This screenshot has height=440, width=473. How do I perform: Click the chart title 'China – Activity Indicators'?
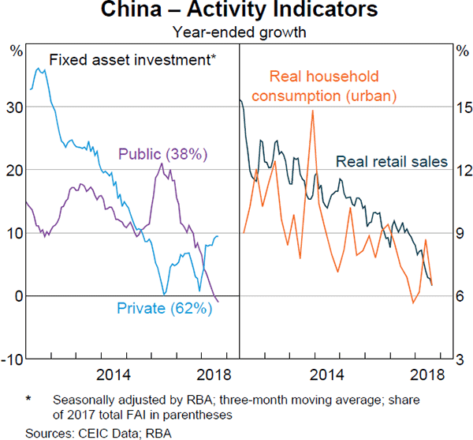[x=236, y=11]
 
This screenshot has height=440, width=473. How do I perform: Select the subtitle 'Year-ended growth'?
[x=236, y=32]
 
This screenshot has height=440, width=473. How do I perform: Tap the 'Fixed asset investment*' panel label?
[x=132, y=59]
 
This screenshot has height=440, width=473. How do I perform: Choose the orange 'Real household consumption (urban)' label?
[x=332, y=86]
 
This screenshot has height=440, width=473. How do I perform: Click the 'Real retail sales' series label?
[x=391, y=162]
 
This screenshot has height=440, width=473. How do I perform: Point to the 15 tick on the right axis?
[x=461, y=107]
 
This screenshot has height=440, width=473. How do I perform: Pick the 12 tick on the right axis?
[x=461, y=170]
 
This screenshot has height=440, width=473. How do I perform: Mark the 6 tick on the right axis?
[x=461, y=295]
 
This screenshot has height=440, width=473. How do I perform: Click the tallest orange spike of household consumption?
[x=313, y=111]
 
